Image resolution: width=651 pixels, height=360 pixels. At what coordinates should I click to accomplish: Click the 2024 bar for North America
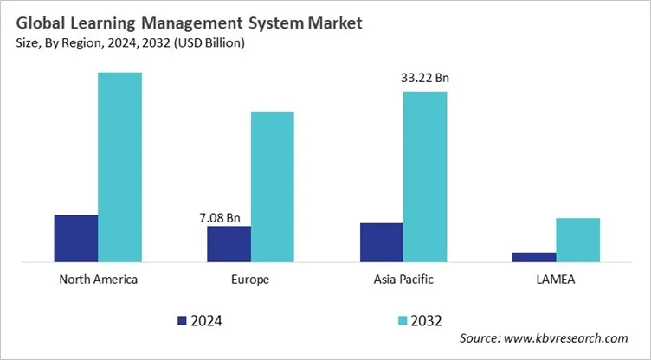point(76,237)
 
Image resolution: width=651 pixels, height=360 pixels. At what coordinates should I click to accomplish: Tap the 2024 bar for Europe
point(229,243)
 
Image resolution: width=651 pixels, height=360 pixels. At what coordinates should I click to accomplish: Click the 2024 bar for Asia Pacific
point(382,241)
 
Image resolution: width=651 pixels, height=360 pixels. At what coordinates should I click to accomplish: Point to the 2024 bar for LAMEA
point(534,256)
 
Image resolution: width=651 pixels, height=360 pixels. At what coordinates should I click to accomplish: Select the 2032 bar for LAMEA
point(577,239)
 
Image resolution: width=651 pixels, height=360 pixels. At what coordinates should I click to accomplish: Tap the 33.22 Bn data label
point(425,79)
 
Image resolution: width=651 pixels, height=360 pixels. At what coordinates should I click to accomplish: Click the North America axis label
point(98,280)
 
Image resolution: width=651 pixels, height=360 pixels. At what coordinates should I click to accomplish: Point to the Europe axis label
point(250,280)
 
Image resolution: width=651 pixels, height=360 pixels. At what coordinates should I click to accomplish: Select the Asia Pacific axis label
point(403,280)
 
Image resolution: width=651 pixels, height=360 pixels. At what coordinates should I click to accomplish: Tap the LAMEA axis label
point(556,280)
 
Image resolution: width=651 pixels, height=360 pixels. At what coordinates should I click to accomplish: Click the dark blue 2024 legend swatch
point(182,321)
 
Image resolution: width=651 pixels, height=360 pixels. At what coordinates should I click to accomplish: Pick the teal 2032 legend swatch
point(402,321)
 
